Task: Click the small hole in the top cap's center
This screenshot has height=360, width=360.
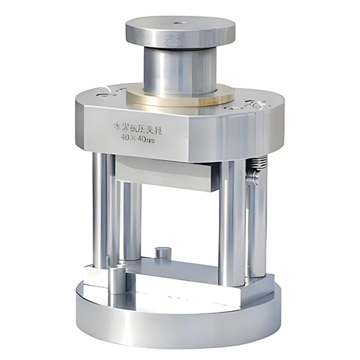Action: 179,27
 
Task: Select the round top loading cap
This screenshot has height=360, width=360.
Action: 179,31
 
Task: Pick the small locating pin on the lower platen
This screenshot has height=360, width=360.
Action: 163,253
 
